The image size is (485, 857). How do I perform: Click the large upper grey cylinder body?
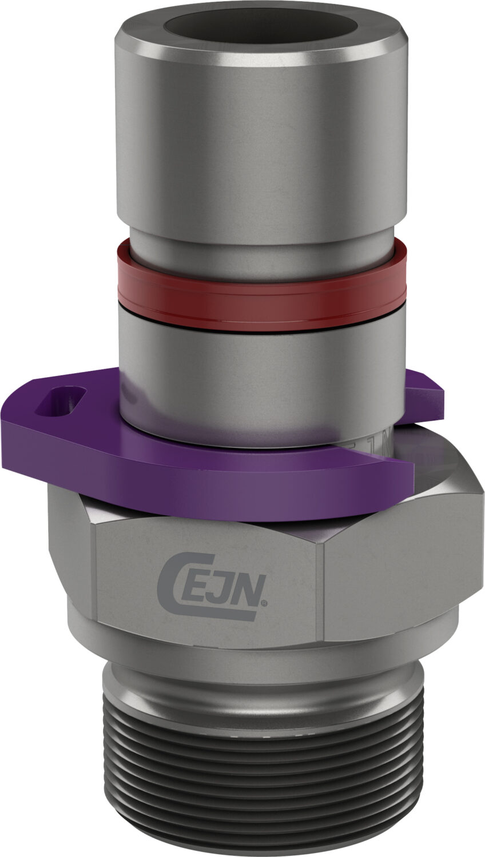pyautogui.click(x=260, y=143)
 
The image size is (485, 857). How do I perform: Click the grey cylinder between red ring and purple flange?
pyautogui.click(x=260, y=366)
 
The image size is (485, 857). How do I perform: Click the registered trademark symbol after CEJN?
pyautogui.click(x=264, y=602)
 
